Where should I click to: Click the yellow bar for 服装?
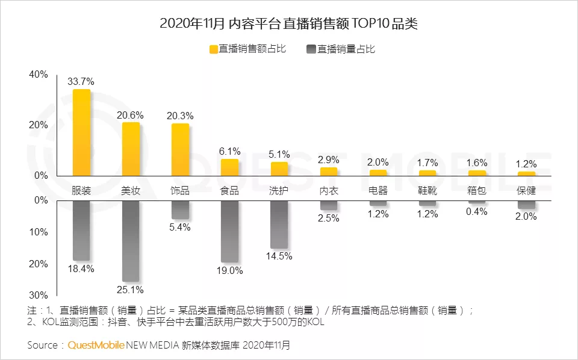pos(81,132)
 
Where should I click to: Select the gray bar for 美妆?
pos(131,241)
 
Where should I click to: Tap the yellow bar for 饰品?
pos(180,149)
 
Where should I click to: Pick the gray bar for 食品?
pos(229,231)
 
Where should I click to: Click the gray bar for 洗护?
pos(279,224)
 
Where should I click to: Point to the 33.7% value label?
pos(81,81)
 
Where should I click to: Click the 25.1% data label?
pos(131,290)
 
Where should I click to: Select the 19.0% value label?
pos(229,271)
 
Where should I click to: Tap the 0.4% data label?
pos(476,211)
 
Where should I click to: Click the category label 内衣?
pos(328,191)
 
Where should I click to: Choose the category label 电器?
pos(378,191)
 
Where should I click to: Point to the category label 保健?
pos(526,191)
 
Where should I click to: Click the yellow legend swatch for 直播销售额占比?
pos(213,49)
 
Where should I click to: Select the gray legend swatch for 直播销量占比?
pos(311,49)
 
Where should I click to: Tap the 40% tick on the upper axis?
pos(39,75)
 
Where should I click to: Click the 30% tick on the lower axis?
pos(39,296)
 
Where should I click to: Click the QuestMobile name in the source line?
pos(96,346)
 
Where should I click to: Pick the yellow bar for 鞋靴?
pos(427,173)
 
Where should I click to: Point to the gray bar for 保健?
pos(526,205)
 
